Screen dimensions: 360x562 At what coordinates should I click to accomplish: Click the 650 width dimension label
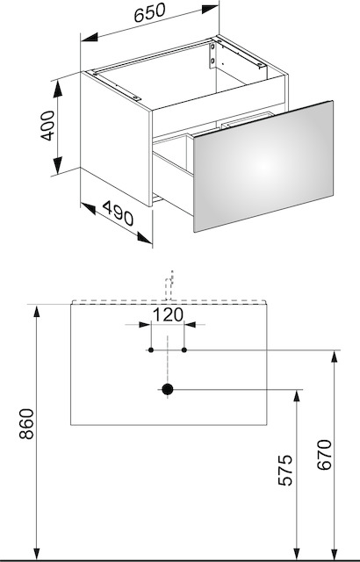click(x=150, y=12)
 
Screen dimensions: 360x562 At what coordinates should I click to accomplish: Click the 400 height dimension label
click(x=47, y=126)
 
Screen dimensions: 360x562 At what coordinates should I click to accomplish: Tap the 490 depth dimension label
click(x=118, y=213)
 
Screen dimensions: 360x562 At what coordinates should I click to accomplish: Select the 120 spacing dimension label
click(x=168, y=314)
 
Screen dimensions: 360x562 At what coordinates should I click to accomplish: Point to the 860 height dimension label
click(x=27, y=424)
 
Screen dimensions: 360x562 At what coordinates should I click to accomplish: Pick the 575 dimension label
click(x=285, y=470)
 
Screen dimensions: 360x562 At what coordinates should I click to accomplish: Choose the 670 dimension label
click(x=325, y=455)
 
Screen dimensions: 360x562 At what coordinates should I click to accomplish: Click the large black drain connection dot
click(x=168, y=389)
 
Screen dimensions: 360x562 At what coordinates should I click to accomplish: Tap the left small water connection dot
click(x=151, y=349)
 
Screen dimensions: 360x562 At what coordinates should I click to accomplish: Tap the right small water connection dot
click(x=184, y=349)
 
